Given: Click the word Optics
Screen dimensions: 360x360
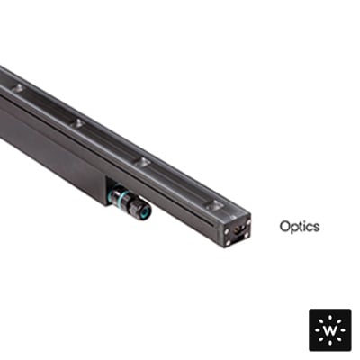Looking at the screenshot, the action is [x=300, y=227].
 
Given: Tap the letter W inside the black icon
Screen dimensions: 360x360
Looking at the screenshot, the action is [x=330, y=330].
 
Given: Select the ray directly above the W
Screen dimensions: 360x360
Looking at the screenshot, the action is [x=330, y=319].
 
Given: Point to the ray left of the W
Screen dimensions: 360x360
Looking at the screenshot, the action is [x=319, y=330].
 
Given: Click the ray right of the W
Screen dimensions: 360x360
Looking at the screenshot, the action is [x=342, y=330].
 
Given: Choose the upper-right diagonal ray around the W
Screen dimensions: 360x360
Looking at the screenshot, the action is [x=338, y=322].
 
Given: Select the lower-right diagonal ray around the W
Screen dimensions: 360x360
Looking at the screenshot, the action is [x=338, y=338].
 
